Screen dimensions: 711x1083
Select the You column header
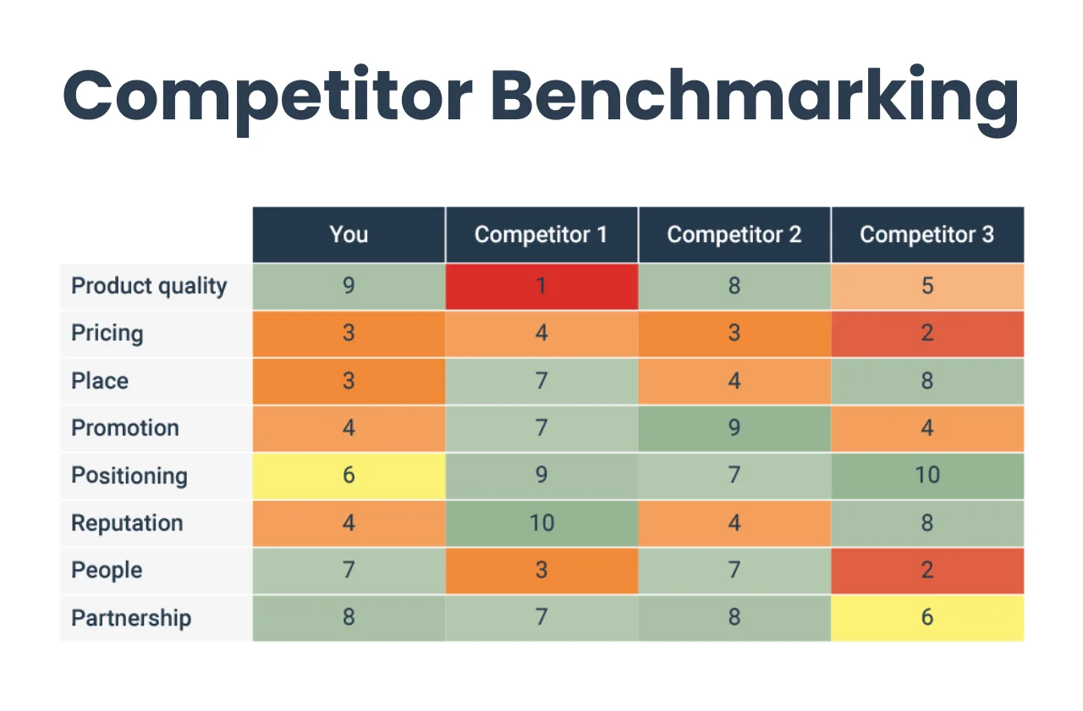pyautogui.click(x=349, y=234)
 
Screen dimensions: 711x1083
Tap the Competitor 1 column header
pyautogui.click(x=541, y=234)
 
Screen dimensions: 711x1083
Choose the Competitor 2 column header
pyautogui.click(x=734, y=234)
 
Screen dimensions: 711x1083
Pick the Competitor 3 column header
pyautogui.click(x=927, y=234)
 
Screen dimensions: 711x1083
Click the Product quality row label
pyautogui.click(x=149, y=286)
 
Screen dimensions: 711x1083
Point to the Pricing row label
pyautogui.click(x=107, y=333)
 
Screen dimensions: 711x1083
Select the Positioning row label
pyautogui.click(x=129, y=476)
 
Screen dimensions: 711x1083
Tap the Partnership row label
pyautogui.click(x=131, y=618)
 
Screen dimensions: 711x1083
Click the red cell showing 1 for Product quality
pyautogui.click(x=541, y=286)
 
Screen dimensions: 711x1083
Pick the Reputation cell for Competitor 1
pyautogui.click(x=541, y=523)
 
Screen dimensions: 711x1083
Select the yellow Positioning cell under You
pyautogui.click(x=349, y=476)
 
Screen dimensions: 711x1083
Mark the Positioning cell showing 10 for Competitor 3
pyautogui.click(x=927, y=476)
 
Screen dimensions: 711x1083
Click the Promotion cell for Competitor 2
pyautogui.click(x=734, y=428)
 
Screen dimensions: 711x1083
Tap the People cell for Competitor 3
pyautogui.click(x=927, y=570)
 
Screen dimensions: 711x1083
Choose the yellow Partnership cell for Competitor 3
pyautogui.click(x=927, y=618)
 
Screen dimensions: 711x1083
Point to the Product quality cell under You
pyautogui.click(x=349, y=286)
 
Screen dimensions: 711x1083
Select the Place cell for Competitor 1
pyautogui.click(x=541, y=381)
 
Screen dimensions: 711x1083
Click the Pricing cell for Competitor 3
pyautogui.click(x=927, y=333)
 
